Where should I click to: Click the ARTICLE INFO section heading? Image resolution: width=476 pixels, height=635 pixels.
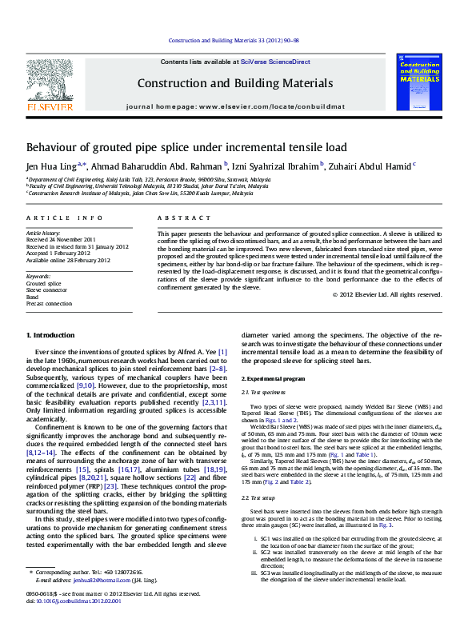(x=65, y=218)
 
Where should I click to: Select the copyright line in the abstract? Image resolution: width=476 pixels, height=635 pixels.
(x=386, y=294)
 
